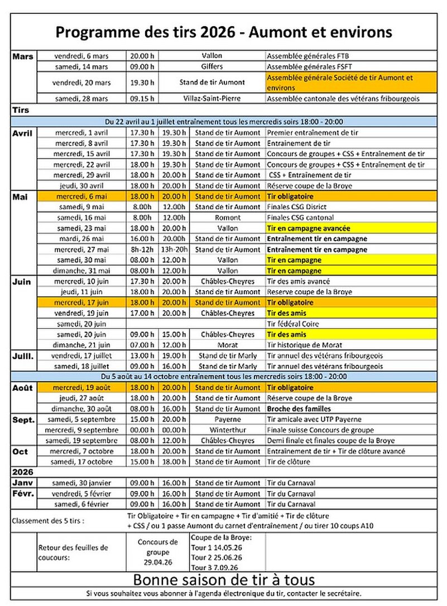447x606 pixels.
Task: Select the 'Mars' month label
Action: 22,56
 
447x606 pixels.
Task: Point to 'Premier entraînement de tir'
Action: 313,133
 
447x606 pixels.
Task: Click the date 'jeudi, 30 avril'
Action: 82,186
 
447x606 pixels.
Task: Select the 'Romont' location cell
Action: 228,218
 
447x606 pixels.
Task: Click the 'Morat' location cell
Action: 228,345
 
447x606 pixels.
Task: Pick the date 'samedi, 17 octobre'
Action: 81,461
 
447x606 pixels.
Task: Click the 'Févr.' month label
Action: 23,493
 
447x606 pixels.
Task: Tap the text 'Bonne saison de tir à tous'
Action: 223,578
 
